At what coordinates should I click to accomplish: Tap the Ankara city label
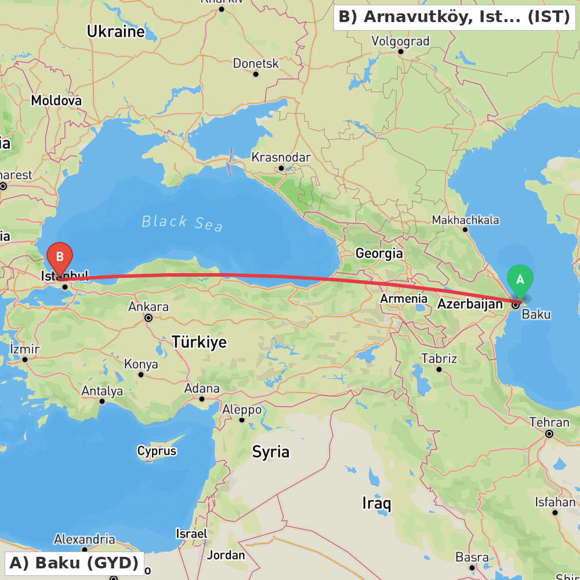click(148, 306)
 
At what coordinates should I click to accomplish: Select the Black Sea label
click(182, 222)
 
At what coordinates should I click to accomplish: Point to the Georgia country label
click(379, 253)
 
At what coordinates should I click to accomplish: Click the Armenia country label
click(404, 299)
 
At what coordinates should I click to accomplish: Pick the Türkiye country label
click(199, 342)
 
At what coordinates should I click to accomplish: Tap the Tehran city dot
click(549, 433)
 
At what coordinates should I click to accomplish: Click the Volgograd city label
click(400, 41)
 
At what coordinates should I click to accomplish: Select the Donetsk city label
click(256, 64)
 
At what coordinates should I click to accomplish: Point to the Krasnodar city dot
click(281, 168)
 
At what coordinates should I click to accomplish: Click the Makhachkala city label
click(465, 220)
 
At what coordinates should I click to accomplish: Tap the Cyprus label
click(157, 451)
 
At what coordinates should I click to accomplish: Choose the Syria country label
click(270, 452)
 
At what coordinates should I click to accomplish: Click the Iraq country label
click(376, 503)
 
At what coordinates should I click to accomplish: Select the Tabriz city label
click(439, 358)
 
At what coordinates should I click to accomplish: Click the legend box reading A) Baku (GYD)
click(74, 563)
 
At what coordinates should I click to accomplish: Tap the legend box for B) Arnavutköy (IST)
click(454, 17)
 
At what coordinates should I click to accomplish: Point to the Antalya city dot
click(102, 401)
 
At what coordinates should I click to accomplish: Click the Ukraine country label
click(115, 32)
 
